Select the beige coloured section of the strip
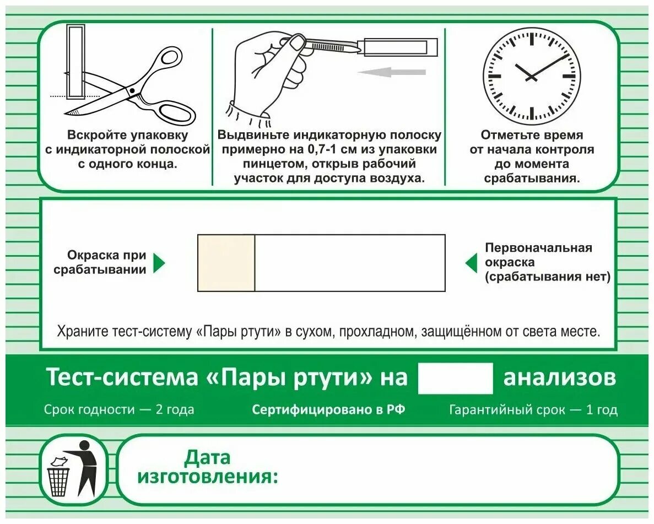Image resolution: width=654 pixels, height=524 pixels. point(226,263)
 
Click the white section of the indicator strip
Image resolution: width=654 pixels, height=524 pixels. point(350,263)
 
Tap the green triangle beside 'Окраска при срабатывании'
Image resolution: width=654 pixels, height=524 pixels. point(159,263)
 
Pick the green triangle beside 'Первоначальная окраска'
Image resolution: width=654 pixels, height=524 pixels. point(472,263)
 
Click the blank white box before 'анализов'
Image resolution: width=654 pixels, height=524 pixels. point(455,379)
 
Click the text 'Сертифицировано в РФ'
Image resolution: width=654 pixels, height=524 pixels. point(328,410)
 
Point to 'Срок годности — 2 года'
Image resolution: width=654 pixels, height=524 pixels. point(119,410)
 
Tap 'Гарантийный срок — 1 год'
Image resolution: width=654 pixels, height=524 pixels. point(533,410)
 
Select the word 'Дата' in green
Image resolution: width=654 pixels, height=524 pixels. point(207,457)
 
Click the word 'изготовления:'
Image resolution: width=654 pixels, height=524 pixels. point(208,477)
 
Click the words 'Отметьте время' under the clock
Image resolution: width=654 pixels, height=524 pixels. point(532,135)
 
